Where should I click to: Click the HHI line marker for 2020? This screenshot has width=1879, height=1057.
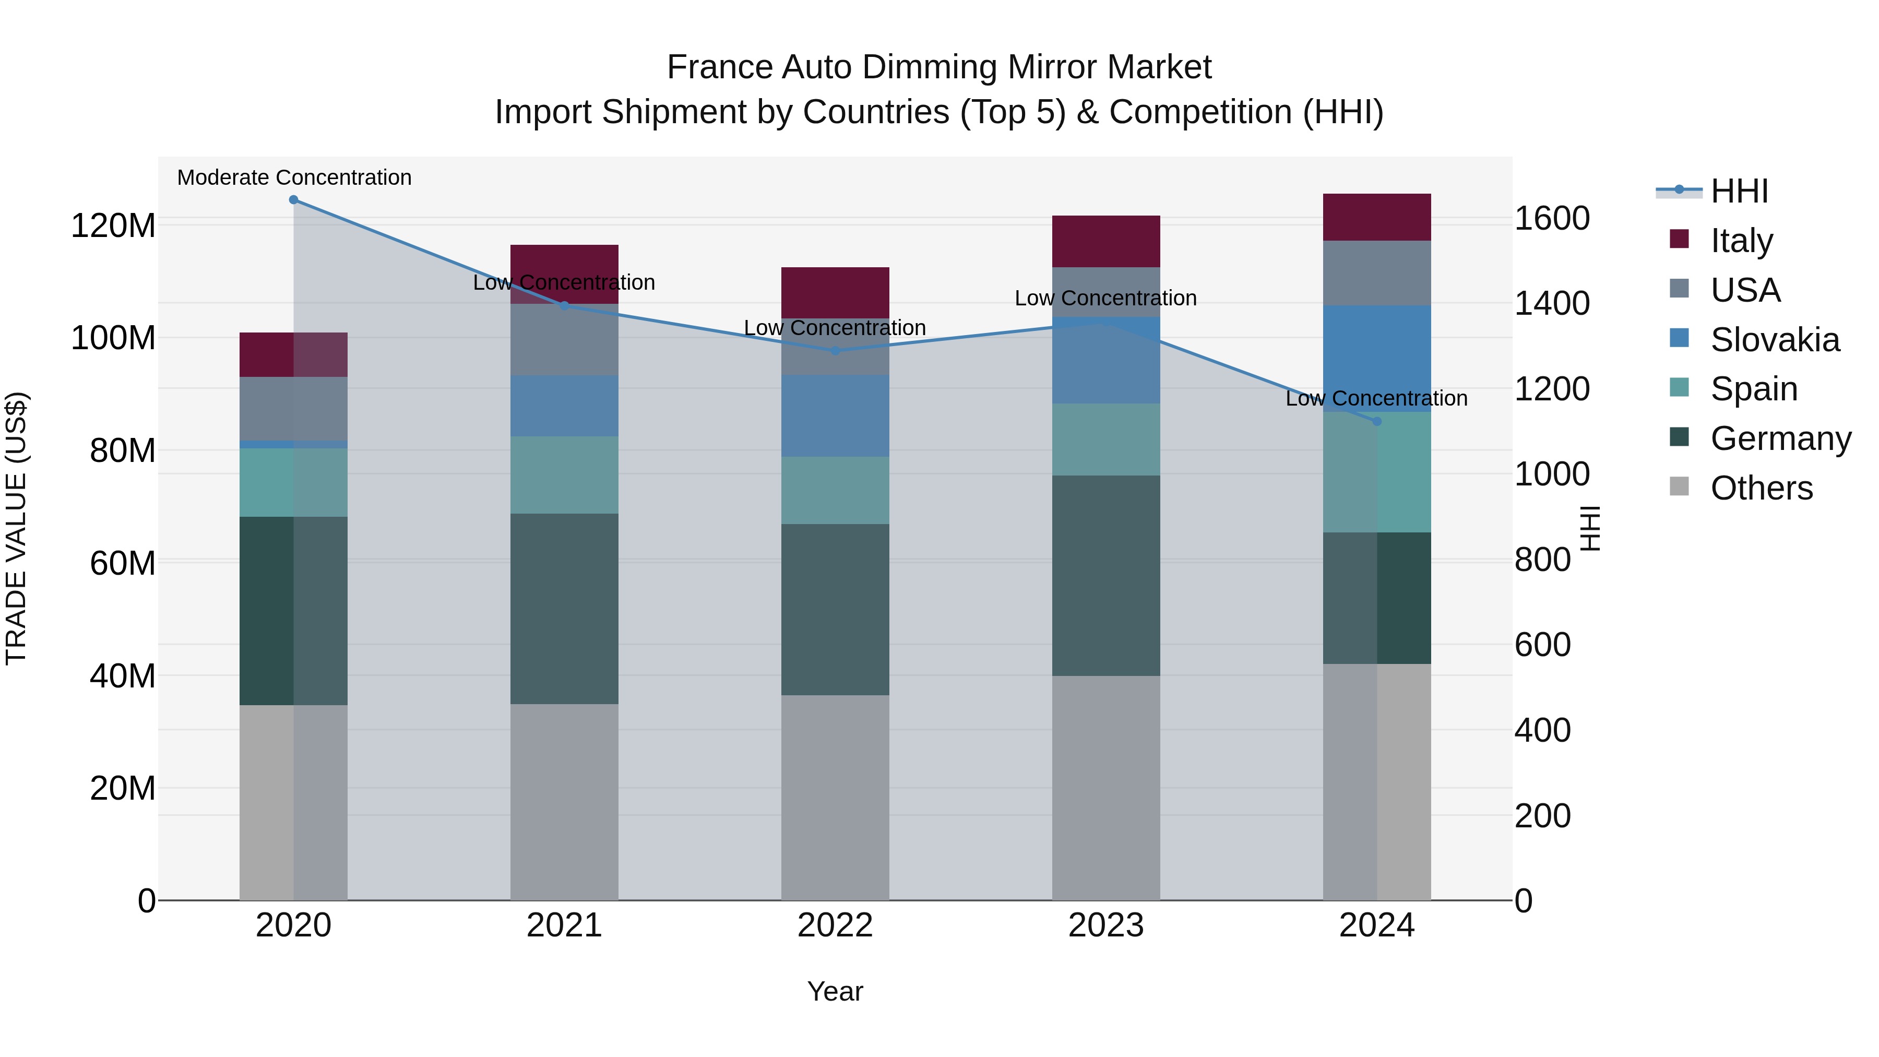click(293, 200)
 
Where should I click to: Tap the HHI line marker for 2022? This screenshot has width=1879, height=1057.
click(835, 351)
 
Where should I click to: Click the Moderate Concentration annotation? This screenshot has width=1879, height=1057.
click(294, 178)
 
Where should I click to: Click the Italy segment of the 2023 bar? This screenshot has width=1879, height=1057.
click(1106, 242)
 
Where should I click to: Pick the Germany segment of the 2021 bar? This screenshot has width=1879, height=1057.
click(564, 609)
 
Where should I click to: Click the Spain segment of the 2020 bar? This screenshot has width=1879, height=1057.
click(293, 482)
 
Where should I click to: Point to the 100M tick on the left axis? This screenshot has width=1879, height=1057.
click(113, 338)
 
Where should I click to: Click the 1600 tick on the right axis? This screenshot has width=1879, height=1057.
click(1552, 219)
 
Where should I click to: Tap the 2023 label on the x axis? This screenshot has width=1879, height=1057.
click(1106, 925)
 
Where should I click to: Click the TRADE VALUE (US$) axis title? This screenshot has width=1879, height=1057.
click(17, 528)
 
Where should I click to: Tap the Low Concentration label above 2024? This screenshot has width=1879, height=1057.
click(1376, 399)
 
